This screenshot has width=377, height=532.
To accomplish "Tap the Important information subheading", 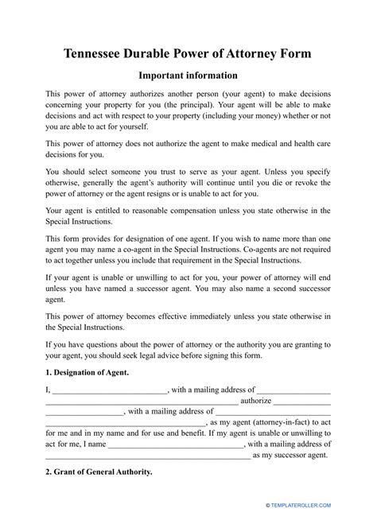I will pyautogui.click(x=188, y=76).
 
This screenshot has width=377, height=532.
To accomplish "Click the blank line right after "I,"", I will pyautogui.click(x=110, y=390).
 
